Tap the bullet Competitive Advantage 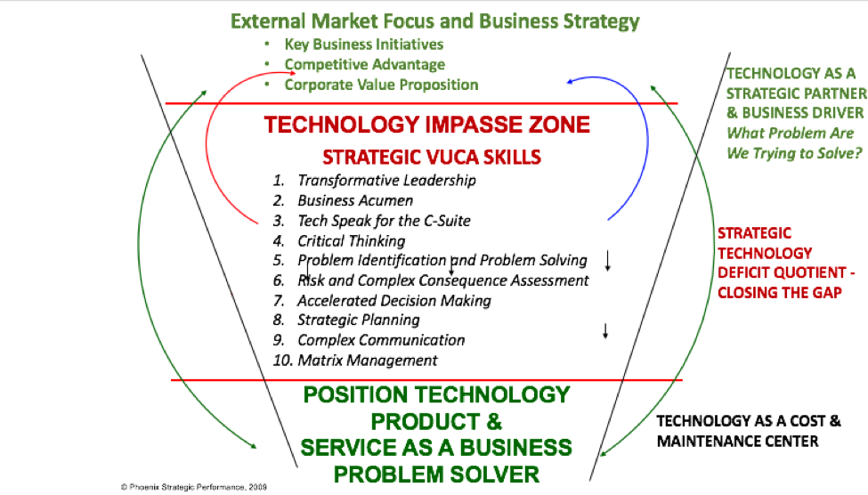pos(364,64)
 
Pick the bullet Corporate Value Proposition pos(381,85)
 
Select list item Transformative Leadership pos(386,181)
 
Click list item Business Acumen pos(354,200)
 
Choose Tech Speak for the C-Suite pos(384,220)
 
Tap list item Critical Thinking pos(351,240)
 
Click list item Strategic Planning pos(358,320)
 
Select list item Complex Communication pos(380,340)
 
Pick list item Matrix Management pos(367,361)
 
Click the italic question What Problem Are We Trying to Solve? pos(791,142)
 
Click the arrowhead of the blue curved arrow pos(569,82)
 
